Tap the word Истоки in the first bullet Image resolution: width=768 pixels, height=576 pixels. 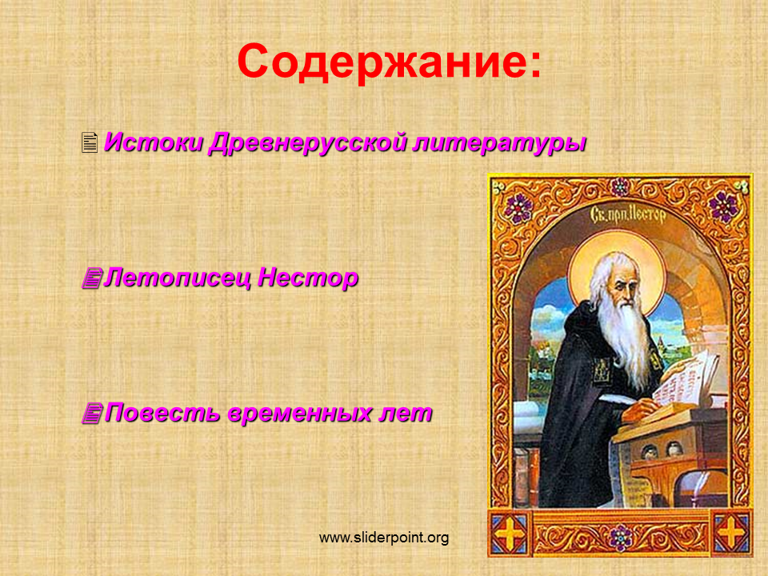tap(154, 142)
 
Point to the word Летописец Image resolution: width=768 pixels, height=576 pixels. tap(178, 278)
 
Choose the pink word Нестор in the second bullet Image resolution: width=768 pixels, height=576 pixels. tap(307, 278)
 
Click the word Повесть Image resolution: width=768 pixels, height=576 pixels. tap(162, 413)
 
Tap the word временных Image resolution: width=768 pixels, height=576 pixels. tap(300, 413)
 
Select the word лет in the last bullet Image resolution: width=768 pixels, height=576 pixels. tap(406, 414)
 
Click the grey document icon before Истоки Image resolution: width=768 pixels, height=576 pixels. tap(90, 142)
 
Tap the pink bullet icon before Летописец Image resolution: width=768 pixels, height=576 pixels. tap(91, 278)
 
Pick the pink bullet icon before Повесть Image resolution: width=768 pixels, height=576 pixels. tap(92, 413)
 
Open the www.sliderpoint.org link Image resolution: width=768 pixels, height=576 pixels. tap(384, 538)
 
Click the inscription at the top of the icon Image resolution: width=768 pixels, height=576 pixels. tap(629, 214)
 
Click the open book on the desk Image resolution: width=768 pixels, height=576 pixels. tap(686, 378)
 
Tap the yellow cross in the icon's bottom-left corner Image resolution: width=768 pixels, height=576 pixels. tap(509, 533)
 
